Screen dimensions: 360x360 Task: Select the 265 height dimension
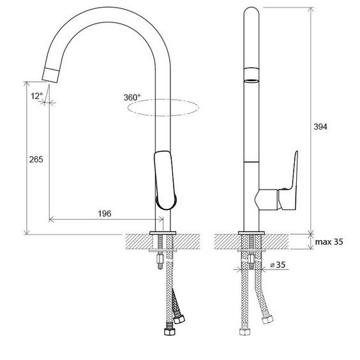tap(36, 159)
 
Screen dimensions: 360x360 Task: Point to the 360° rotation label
tap(132, 98)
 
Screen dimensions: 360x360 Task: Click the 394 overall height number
tap(320, 127)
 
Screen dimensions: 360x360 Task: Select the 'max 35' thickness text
tap(329, 242)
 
